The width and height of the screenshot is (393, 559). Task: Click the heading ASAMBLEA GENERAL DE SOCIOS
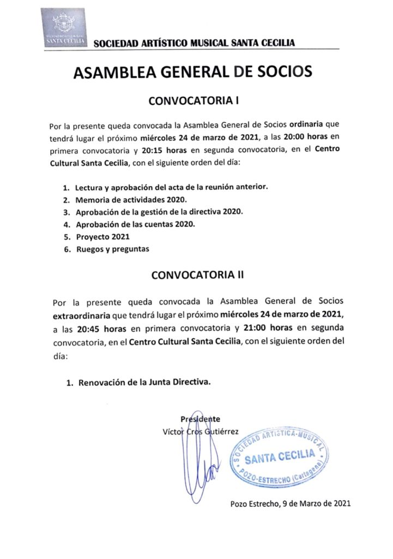[194, 73]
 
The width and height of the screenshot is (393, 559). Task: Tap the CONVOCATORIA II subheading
[197, 276]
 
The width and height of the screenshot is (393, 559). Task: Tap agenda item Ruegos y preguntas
[112, 249]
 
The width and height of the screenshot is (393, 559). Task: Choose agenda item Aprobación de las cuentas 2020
[135, 224]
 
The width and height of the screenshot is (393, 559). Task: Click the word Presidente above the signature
[201, 419]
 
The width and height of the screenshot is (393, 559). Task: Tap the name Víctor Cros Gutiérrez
[201, 431]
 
